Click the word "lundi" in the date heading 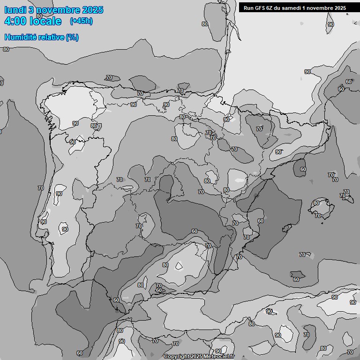pyautogui.click(x=15, y=10)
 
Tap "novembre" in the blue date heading pyautogui.click(x=58, y=10)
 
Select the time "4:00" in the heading pyautogui.click(x=15, y=21)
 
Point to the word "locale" pyautogui.click(x=45, y=21)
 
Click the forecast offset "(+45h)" pyautogui.click(x=81, y=21)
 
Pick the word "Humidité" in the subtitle pyautogui.click(x=21, y=37)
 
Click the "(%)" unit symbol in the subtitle pyautogui.click(x=72, y=37)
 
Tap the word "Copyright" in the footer pyautogui.click(x=176, y=357)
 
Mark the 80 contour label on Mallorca pyautogui.click(x=316, y=203)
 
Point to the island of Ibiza pyautogui.click(x=296, y=274)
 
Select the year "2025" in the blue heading pyautogui.click(x=92, y=10)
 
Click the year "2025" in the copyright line pyautogui.click(x=197, y=357)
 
